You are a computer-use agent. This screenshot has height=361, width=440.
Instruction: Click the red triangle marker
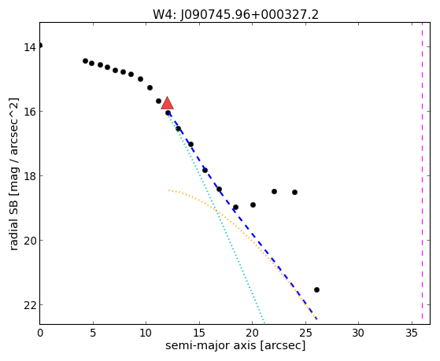pyautogui.click(x=167, y=103)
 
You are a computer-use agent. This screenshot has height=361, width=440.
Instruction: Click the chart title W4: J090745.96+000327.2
pyautogui.click(x=235, y=15)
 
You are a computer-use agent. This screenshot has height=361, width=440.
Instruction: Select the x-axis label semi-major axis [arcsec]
pyautogui.click(x=235, y=345)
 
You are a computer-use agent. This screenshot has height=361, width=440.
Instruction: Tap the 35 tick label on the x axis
pyautogui.click(x=412, y=333)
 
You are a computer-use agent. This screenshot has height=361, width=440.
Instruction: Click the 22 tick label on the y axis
pyautogui.click(x=30, y=305)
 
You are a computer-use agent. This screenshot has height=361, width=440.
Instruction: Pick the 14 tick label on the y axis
pyautogui.click(x=30, y=47)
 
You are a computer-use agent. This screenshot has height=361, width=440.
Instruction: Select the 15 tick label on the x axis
pyautogui.click(x=199, y=333)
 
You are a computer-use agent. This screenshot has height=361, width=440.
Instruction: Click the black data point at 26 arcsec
pyautogui.click(x=316, y=289)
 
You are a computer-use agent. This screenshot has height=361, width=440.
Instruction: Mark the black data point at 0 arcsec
pyautogui.click(x=40, y=46)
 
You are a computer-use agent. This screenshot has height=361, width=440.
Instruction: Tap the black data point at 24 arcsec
pyautogui.click(x=294, y=192)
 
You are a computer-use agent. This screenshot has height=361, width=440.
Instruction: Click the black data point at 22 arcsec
pyautogui.click(x=274, y=192)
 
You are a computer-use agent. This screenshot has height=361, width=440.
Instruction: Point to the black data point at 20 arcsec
pyautogui.click(x=253, y=204)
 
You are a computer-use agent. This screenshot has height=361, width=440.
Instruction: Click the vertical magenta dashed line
pyautogui.click(x=422, y=174)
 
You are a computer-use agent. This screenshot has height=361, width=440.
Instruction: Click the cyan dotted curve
pyautogui.click(x=216, y=212)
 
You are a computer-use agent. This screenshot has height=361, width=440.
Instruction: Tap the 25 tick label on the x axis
pyautogui.click(x=305, y=333)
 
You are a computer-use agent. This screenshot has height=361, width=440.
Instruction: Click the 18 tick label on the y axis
pyautogui.click(x=30, y=176)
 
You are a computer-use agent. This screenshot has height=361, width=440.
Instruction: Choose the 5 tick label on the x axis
pyautogui.click(x=93, y=333)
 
